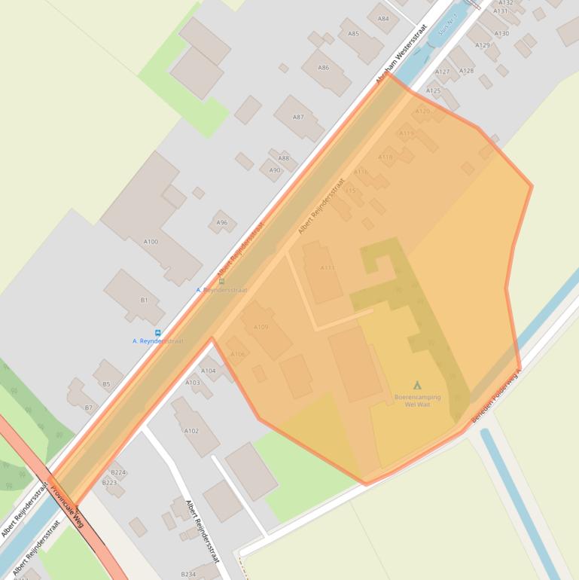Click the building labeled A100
151,241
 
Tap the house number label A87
298,117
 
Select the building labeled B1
144,300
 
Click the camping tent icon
417,385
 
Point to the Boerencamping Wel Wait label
417,401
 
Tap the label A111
328,267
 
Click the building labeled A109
261,327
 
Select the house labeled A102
191,431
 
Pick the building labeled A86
323,68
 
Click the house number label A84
383,19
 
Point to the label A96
222,223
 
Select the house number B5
106,384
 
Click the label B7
88,408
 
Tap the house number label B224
118,472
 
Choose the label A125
433,91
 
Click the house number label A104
209,371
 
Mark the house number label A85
353,34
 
